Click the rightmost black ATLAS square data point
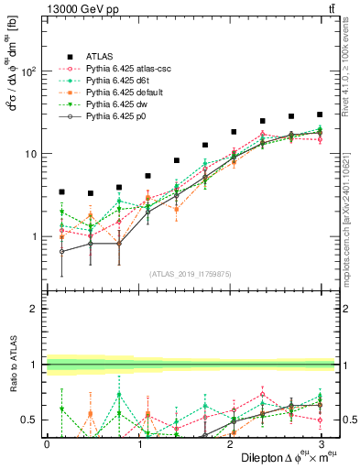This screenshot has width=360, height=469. click(320, 115)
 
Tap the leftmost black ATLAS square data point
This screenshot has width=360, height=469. click(61, 191)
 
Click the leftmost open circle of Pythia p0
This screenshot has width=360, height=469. click(61, 251)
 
